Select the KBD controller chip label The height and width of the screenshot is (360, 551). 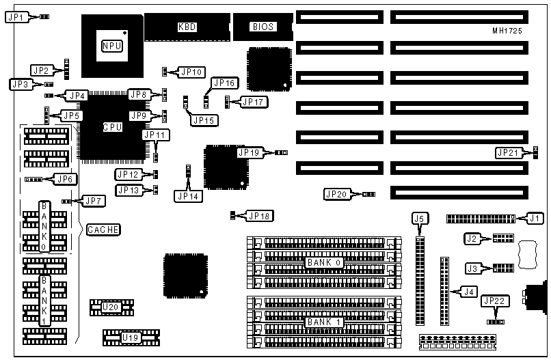(x=186, y=27)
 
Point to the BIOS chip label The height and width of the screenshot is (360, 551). (x=264, y=27)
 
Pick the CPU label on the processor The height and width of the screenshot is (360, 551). (x=113, y=127)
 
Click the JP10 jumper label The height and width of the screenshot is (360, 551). (x=191, y=71)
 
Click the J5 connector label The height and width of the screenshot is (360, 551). (x=420, y=218)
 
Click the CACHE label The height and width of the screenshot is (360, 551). (x=103, y=230)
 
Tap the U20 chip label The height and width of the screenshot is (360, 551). (x=110, y=307)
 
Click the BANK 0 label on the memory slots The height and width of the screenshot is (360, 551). (x=324, y=263)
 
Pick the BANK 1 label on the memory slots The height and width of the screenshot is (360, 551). (x=324, y=322)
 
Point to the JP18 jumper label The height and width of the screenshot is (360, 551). (x=260, y=216)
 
